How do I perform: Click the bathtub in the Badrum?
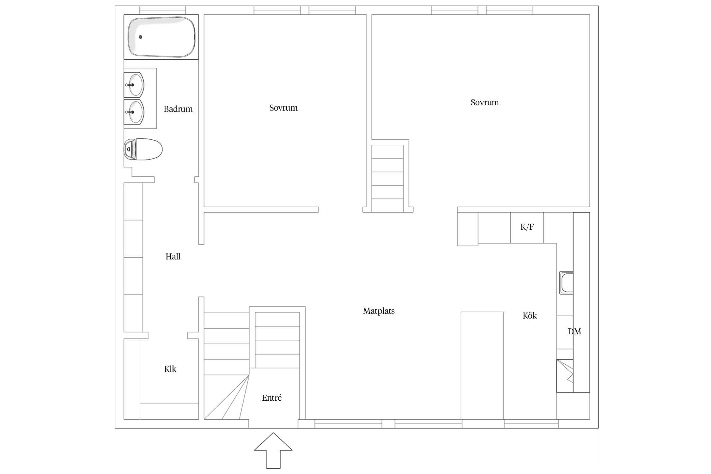pyautogui.click(x=161, y=37)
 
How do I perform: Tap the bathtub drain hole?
pyautogui.click(x=141, y=37)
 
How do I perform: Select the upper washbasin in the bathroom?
pyautogui.click(x=134, y=85)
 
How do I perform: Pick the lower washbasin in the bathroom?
pyautogui.click(x=134, y=112)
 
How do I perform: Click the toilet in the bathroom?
pyautogui.click(x=143, y=149)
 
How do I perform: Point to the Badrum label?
pyautogui.click(x=178, y=109)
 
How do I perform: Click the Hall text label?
pyautogui.click(x=173, y=257)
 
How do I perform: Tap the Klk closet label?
pyautogui.click(x=170, y=369)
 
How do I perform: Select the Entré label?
pyautogui.click(x=272, y=398)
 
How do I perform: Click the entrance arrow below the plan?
pyautogui.click(x=273, y=451)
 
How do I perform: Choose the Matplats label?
pyautogui.click(x=379, y=311)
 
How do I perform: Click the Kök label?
pyautogui.click(x=530, y=316)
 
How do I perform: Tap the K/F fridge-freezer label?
pyautogui.click(x=527, y=227)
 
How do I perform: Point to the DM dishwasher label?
pyautogui.click(x=574, y=331)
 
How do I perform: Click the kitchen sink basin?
pyautogui.click(x=567, y=283)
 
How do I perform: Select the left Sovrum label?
pyautogui.click(x=283, y=108)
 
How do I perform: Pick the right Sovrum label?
pyautogui.click(x=485, y=102)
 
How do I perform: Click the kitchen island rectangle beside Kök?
pyautogui.click(x=482, y=366)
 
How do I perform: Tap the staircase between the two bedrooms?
pyautogui.click(x=388, y=179)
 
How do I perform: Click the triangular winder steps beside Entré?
pyautogui.click(x=226, y=397)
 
